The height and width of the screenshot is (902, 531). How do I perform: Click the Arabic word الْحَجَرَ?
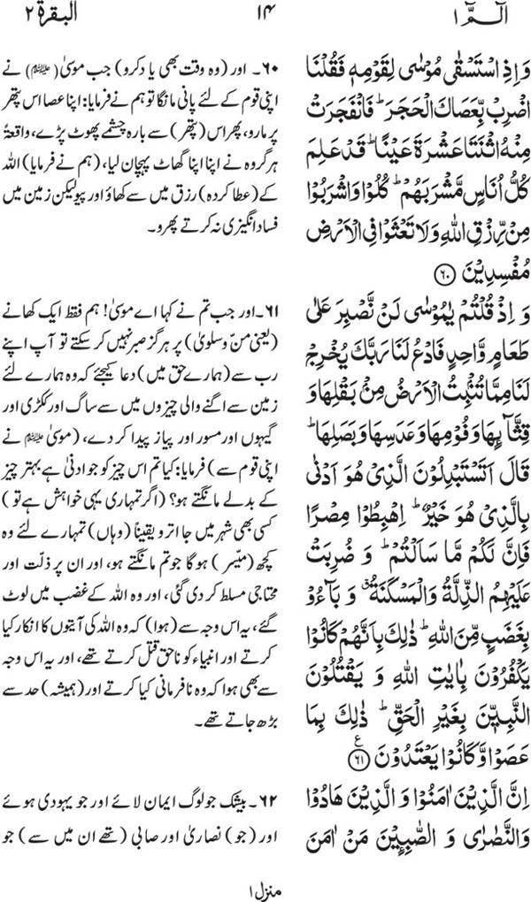(x=387, y=112)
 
